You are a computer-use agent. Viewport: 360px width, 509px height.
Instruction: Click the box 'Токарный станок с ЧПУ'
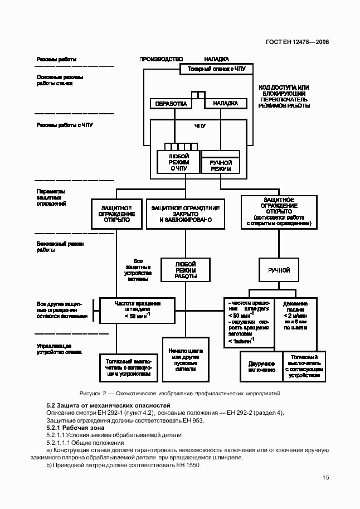pyautogui.click(x=216, y=70)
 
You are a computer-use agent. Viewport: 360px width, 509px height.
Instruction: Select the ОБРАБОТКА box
pyautogui.click(x=171, y=104)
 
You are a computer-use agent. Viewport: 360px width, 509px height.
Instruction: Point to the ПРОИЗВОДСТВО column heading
pyautogui.click(x=161, y=59)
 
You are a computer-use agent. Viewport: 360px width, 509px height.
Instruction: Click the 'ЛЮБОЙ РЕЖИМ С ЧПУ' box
pyautogui.click(x=178, y=162)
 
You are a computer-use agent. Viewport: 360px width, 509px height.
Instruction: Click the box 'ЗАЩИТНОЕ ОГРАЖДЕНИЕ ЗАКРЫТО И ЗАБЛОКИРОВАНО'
pyautogui.click(x=186, y=214)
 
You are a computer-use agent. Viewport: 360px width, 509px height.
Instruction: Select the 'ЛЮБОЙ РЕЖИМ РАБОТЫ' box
pyautogui.click(x=186, y=269)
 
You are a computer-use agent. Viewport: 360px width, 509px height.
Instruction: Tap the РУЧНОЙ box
pyautogui.click(x=279, y=270)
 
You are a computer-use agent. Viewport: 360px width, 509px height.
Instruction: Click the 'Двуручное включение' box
pyautogui.click(x=261, y=366)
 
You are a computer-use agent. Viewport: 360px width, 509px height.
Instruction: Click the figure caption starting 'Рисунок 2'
pyautogui.click(x=179, y=394)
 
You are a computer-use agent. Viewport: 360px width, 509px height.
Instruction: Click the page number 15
pyautogui.click(x=325, y=477)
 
